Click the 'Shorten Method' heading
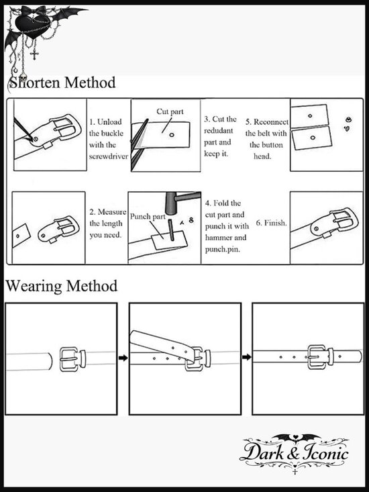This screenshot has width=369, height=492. coord(62,83)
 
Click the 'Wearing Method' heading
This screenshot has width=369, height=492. coord(62,286)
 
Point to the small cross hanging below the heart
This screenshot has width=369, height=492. coord(35,54)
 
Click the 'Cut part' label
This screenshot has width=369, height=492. coord(170,111)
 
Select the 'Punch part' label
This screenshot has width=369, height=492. coord(148,217)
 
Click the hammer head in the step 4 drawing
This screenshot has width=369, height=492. coord(171,203)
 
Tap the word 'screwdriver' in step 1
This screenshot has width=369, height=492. coord(109,156)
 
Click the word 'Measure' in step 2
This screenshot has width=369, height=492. coord(112,212)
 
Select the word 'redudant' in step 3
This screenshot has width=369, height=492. coord(219,130)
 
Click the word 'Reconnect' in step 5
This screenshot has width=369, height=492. coord(271,121)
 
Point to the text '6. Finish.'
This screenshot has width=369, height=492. coord(271,223)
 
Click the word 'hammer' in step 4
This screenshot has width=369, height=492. coord(218,238)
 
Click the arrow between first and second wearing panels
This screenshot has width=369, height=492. coord(123,358)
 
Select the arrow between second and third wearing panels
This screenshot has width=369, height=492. coord(247,357)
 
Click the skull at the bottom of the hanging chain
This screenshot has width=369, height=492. coord(23,77)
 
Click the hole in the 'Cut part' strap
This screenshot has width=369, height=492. coord(172,135)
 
